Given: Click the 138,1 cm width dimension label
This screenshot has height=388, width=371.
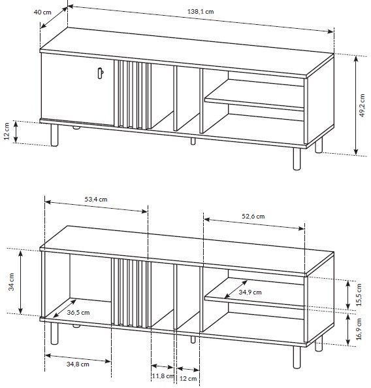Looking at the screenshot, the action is (201, 11).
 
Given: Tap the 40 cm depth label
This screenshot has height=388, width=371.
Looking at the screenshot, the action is (42, 12).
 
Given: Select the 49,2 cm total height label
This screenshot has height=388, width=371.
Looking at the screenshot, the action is (362, 105).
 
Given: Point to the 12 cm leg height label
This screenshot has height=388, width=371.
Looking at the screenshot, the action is (7, 131).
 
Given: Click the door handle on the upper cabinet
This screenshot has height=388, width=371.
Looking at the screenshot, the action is (100, 73).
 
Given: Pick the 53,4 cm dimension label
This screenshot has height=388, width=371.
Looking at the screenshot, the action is (96, 199).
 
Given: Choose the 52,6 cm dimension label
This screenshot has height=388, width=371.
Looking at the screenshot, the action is (253, 217).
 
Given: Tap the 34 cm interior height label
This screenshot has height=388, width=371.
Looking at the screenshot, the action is (11, 281).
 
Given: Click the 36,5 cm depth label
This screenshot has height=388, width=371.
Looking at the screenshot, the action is (78, 312).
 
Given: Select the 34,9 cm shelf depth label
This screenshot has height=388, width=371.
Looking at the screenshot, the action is (250, 292).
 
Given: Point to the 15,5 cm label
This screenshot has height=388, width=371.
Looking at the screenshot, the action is (359, 294).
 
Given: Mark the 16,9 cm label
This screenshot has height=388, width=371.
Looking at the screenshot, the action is (359, 329).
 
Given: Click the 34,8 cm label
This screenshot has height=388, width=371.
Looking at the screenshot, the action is (78, 364).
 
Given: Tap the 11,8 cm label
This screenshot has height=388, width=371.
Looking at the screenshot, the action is (163, 376).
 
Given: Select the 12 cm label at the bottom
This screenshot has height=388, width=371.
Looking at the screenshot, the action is (188, 379).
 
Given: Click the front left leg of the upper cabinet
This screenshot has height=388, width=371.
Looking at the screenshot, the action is (54, 135).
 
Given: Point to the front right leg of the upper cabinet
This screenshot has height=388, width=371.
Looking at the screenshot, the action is (297, 159).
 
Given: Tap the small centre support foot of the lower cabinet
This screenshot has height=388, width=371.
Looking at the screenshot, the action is (193, 340).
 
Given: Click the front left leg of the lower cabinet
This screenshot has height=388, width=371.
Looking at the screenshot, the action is (54, 334).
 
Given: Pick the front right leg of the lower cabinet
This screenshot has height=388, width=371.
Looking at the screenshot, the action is (297, 357).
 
